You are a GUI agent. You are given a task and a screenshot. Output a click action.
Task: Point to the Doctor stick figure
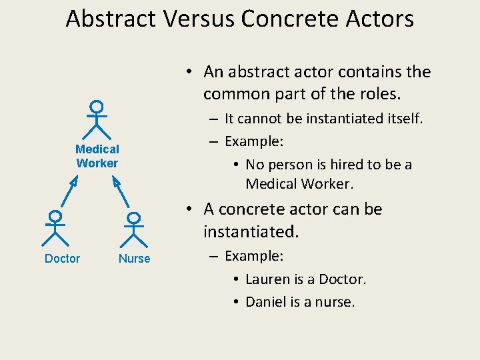[55, 228]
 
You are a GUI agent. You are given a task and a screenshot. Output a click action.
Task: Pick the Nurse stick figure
[134, 229]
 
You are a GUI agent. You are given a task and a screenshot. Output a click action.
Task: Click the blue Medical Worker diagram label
[97, 156]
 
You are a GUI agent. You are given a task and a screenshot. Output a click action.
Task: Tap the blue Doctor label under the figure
[62, 259]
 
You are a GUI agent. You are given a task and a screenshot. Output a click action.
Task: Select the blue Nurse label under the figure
[135, 259]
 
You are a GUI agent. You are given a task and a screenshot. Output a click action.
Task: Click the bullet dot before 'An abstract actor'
[190, 72]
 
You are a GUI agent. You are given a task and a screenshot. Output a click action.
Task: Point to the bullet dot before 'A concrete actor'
[190, 209]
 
